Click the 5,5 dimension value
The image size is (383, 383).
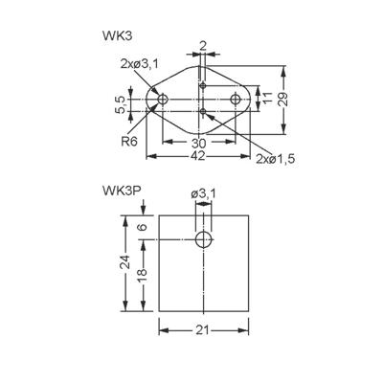(118, 103)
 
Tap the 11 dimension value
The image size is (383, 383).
(269, 100)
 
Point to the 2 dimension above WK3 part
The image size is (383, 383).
(203, 45)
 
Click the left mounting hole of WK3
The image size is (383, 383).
(164, 100)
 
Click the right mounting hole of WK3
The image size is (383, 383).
(236, 100)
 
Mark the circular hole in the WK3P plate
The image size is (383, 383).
(203, 239)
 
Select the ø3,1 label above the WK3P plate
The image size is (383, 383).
(203, 195)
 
